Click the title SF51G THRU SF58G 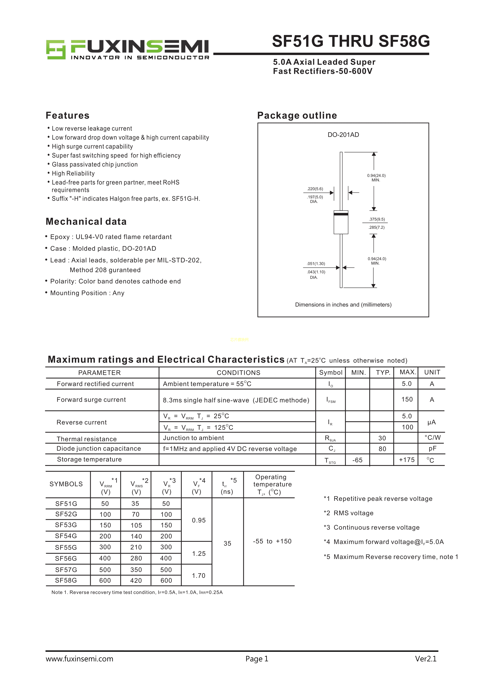(x=351, y=41)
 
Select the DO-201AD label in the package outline (x=343, y=135)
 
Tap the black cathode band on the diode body (x=341, y=214)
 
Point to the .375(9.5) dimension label (x=377, y=219)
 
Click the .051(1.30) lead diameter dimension (x=316, y=263)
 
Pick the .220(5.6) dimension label (x=315, y=189)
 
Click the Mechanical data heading (x=86, y=221)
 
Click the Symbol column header (x=331, y=372)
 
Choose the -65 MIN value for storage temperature (x=357, y=460)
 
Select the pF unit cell (x=432, y=449)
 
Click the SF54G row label (x=66, y=536)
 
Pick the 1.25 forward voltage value (x=199, y=553)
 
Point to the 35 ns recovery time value (x=227, y=543)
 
